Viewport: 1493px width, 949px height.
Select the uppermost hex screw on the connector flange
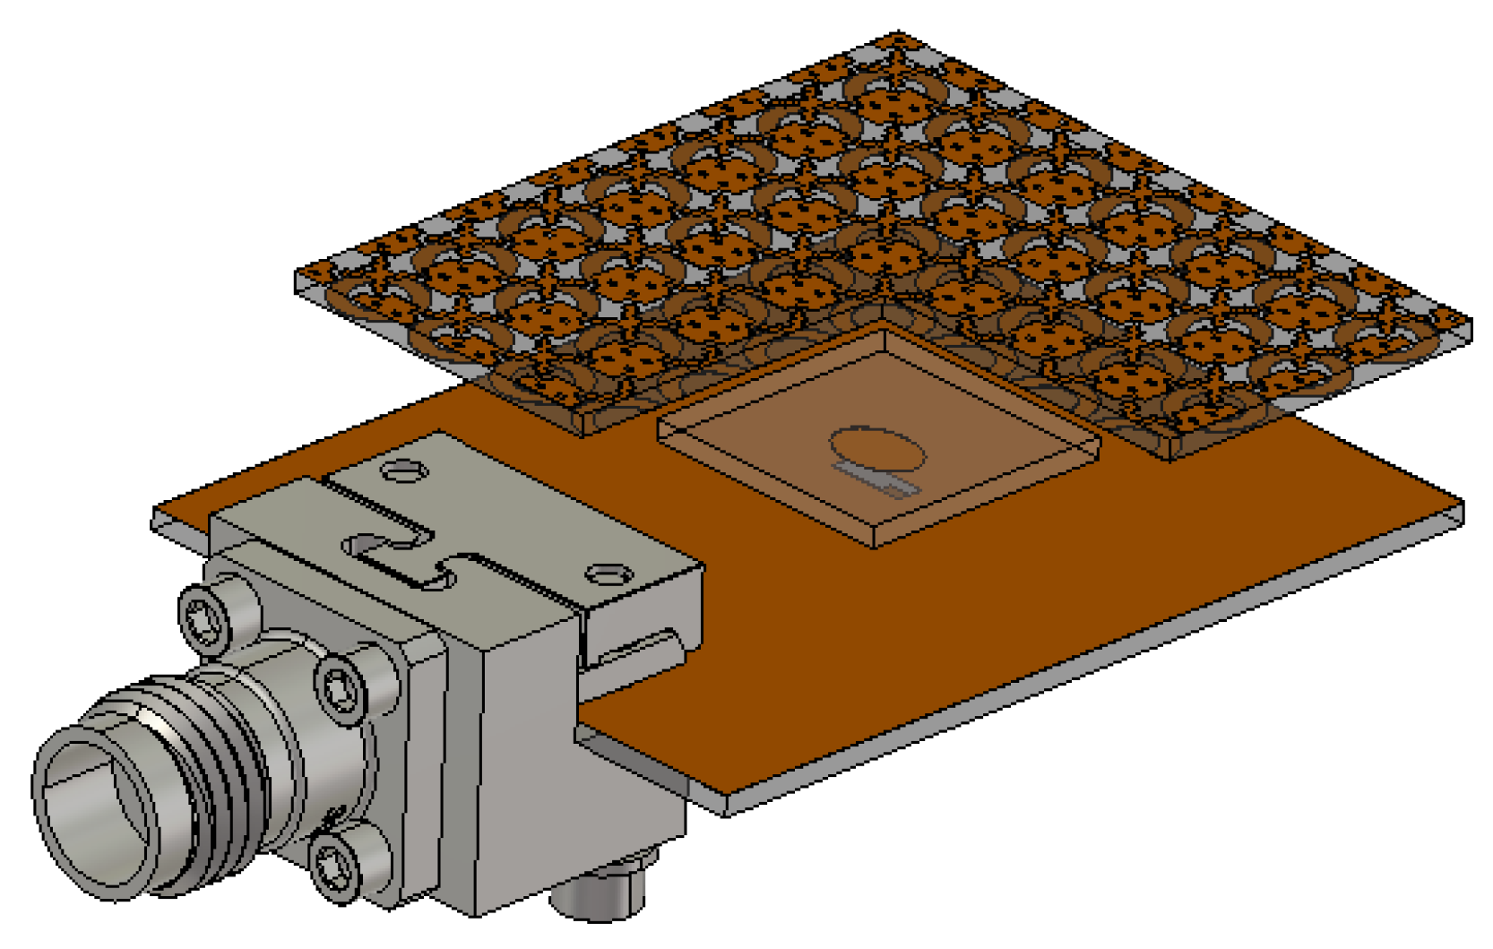tap(202, 617)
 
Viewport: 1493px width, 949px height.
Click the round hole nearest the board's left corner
tap(403, 469)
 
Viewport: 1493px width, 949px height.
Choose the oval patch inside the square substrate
tap(876, 448)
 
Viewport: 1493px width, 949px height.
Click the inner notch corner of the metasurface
tap(883, 309)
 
